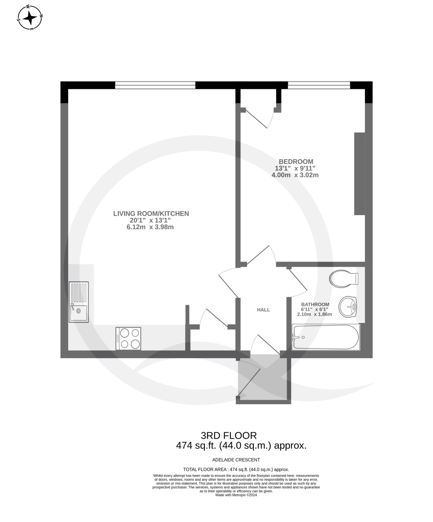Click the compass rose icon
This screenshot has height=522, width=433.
[30, 18]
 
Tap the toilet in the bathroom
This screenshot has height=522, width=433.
[344, 278]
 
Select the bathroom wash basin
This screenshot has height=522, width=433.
[348, 306]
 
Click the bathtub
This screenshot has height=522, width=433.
[326, 337]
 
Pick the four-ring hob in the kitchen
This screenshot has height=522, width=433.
[128, 339]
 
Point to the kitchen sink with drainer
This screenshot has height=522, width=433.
[79, 302]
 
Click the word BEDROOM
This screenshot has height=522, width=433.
[296, 161]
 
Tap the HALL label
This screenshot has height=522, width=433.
[263, 310]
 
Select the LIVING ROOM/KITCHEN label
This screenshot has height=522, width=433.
[151, 214]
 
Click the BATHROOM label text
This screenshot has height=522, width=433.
[315, 304]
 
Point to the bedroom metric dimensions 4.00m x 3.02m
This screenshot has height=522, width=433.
[295, 175]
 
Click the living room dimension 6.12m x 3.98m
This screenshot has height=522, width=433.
[150, 227]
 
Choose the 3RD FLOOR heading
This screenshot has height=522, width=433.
[229, 436]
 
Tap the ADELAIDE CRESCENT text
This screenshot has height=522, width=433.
[236, 460]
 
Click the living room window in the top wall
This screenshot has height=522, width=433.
[155, 85]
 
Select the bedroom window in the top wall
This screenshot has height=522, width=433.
[319, 85]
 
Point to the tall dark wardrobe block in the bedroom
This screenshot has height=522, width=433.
[360, 173]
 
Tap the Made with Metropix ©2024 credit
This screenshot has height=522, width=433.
[236, 495]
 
